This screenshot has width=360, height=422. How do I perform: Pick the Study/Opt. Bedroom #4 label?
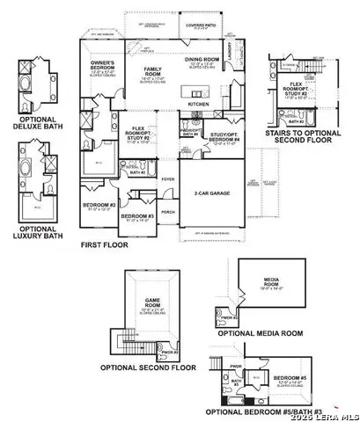(x=213, y=135)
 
